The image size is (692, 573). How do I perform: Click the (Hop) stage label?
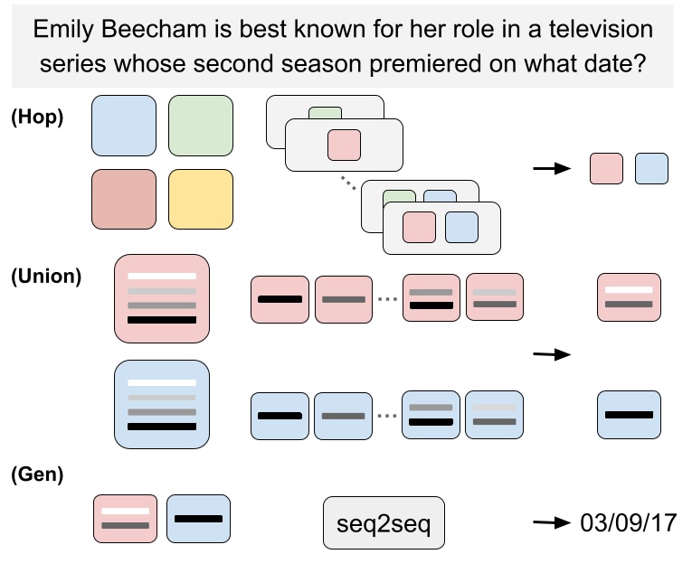[x=36, y=117]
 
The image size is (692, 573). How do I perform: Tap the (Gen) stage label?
[x=37, y=474]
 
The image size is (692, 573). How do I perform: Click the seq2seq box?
[x=384, y=523]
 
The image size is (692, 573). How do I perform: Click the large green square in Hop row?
[x=201, y=127]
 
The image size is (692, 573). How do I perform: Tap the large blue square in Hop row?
[x=124, y=127]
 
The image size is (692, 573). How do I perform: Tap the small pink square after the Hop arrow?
[x=606, y=168]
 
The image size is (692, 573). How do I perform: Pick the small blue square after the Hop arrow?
[x=651, y=168]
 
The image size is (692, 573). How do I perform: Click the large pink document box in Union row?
[x=162, y=298]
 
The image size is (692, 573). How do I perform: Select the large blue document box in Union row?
[x=162, y=404]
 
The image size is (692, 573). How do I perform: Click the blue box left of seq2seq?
[x=199, y=519]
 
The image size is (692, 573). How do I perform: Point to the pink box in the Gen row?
[x=125, y=519]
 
